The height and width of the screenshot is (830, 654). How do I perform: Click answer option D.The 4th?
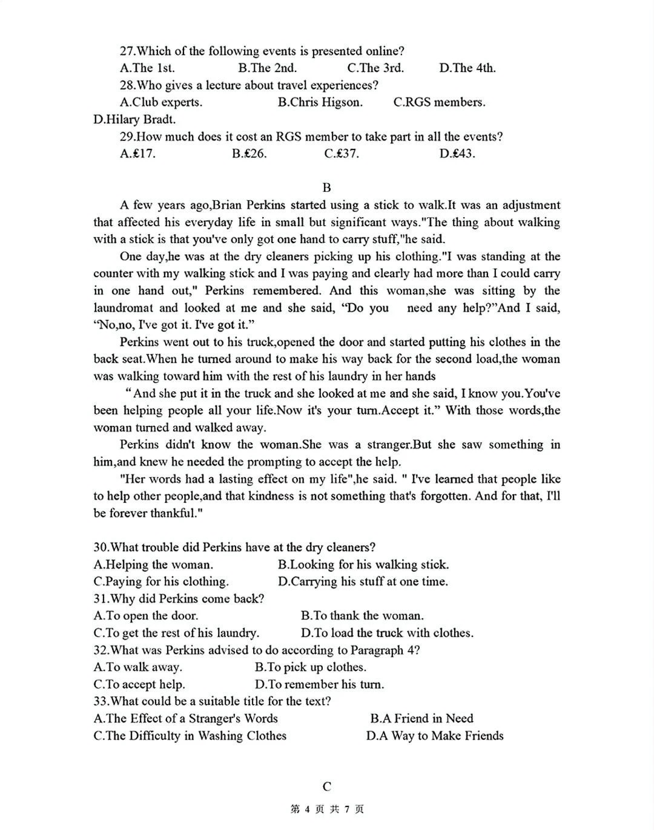pos(467,68)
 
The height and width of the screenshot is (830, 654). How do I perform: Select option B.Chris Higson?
pos(320,102)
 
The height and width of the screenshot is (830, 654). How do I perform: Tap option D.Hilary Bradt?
pos(134,119)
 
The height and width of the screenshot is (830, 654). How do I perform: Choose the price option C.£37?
pos(342,153)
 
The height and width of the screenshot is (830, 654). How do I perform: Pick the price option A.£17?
pos(137,153)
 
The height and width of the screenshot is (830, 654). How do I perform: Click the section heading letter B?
pos(327,188)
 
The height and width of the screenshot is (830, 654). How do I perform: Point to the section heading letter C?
pos(327,786)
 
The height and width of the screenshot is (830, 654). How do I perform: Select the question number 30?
pos(101,547)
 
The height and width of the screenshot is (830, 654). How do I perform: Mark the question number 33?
pos(101,701)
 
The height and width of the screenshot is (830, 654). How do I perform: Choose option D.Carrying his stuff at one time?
pos(363,581)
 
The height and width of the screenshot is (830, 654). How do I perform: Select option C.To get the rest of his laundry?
pos(176,633)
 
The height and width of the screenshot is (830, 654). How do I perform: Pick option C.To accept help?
pos(139,684)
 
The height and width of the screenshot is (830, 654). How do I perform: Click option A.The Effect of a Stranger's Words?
pos(185,719)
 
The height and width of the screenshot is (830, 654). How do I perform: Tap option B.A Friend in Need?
pos(421,719)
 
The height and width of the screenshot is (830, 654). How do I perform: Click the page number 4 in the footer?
pos(308,809)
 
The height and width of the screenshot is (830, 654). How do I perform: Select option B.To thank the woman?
pos(362,616)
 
